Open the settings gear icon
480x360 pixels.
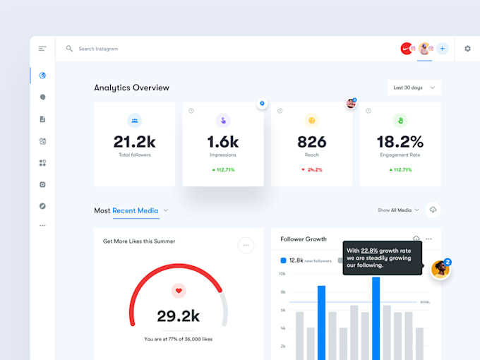pos(467,49)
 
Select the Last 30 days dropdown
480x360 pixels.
pos(414,88)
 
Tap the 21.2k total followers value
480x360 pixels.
pos(135,142)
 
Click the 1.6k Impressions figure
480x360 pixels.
pos(223,142)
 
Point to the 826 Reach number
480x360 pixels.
pos(311,142)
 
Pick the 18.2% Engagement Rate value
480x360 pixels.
pos(400,142)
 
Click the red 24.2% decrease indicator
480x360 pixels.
pos(311,169)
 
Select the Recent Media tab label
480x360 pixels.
pos(135,210)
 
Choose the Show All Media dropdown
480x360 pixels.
pos(398,210)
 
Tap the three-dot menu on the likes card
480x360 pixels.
pos(246,246)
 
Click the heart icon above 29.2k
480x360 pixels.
pos(179,290)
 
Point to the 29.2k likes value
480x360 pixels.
pos(179,316)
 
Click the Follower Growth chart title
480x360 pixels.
pos(304,239)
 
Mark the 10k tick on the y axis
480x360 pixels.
pos(282,273)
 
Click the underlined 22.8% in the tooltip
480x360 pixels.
pos(369,251)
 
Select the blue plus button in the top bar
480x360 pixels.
pos(443,49)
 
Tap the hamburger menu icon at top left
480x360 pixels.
pos(42,49)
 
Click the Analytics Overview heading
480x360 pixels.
pos(131,88)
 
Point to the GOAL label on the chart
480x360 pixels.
pos(425,302)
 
